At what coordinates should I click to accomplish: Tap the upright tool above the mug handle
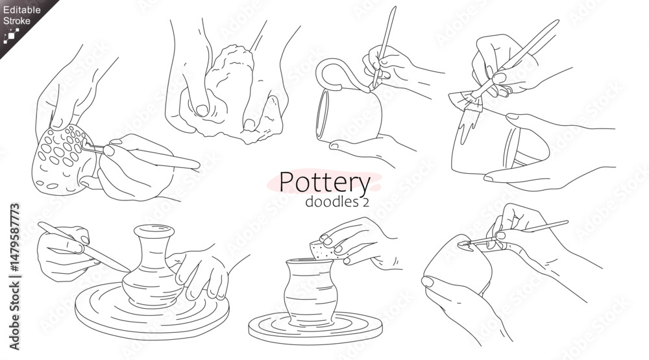click(384, 45)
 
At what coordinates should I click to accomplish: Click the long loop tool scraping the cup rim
click(513, 234)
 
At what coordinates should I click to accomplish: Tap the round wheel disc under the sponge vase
click(315, 329)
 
